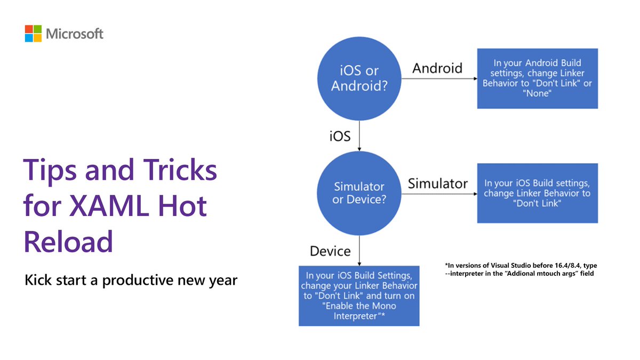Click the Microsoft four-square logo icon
33,34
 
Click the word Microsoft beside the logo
75,34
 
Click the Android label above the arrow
437,68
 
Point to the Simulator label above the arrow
437,184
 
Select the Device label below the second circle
330,251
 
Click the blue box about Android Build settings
537,78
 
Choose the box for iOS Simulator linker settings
537,193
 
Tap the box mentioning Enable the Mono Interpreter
359,295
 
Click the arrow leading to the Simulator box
437,194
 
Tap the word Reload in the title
68,242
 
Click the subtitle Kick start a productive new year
131,280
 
